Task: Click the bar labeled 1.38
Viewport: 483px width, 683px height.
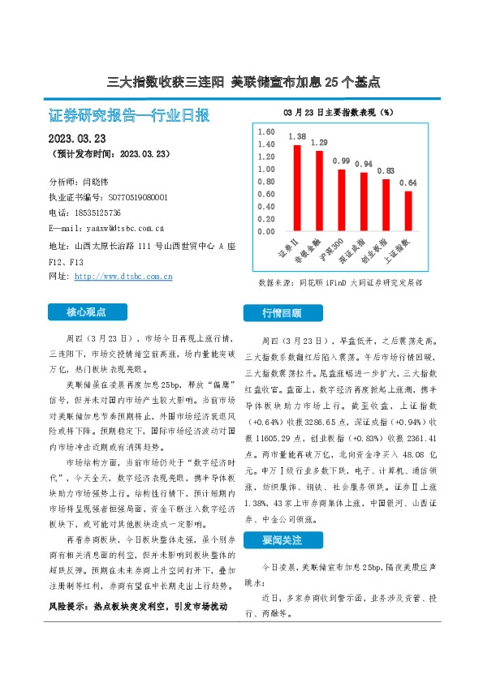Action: tap(297, 188)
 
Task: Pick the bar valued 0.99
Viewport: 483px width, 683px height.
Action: tap(342, 200)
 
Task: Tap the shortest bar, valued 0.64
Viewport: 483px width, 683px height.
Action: tap(408, 211)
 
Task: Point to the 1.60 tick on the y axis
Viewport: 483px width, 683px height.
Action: tap(265, 131)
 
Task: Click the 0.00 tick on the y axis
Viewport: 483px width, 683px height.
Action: tap(265, 231)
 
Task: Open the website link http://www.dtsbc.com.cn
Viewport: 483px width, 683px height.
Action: tap(123, 277)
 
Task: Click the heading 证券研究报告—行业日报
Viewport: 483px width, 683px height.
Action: tap(130, 114)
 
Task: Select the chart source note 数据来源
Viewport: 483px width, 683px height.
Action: tap(340, 284)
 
